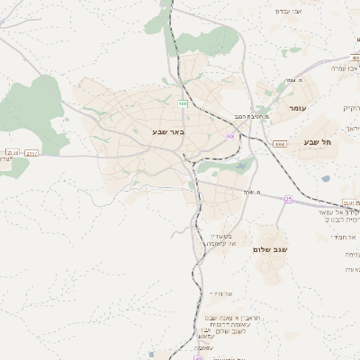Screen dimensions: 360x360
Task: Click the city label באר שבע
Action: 167,132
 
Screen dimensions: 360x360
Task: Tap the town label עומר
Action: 298,108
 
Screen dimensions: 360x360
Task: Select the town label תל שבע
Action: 319,142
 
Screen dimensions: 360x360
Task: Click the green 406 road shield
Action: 184,104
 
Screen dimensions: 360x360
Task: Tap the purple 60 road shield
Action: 230,137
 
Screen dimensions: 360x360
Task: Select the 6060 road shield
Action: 280,144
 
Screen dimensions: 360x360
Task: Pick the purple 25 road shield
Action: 288,198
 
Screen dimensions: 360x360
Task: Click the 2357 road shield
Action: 31,154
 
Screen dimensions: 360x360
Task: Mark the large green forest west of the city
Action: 38,112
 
